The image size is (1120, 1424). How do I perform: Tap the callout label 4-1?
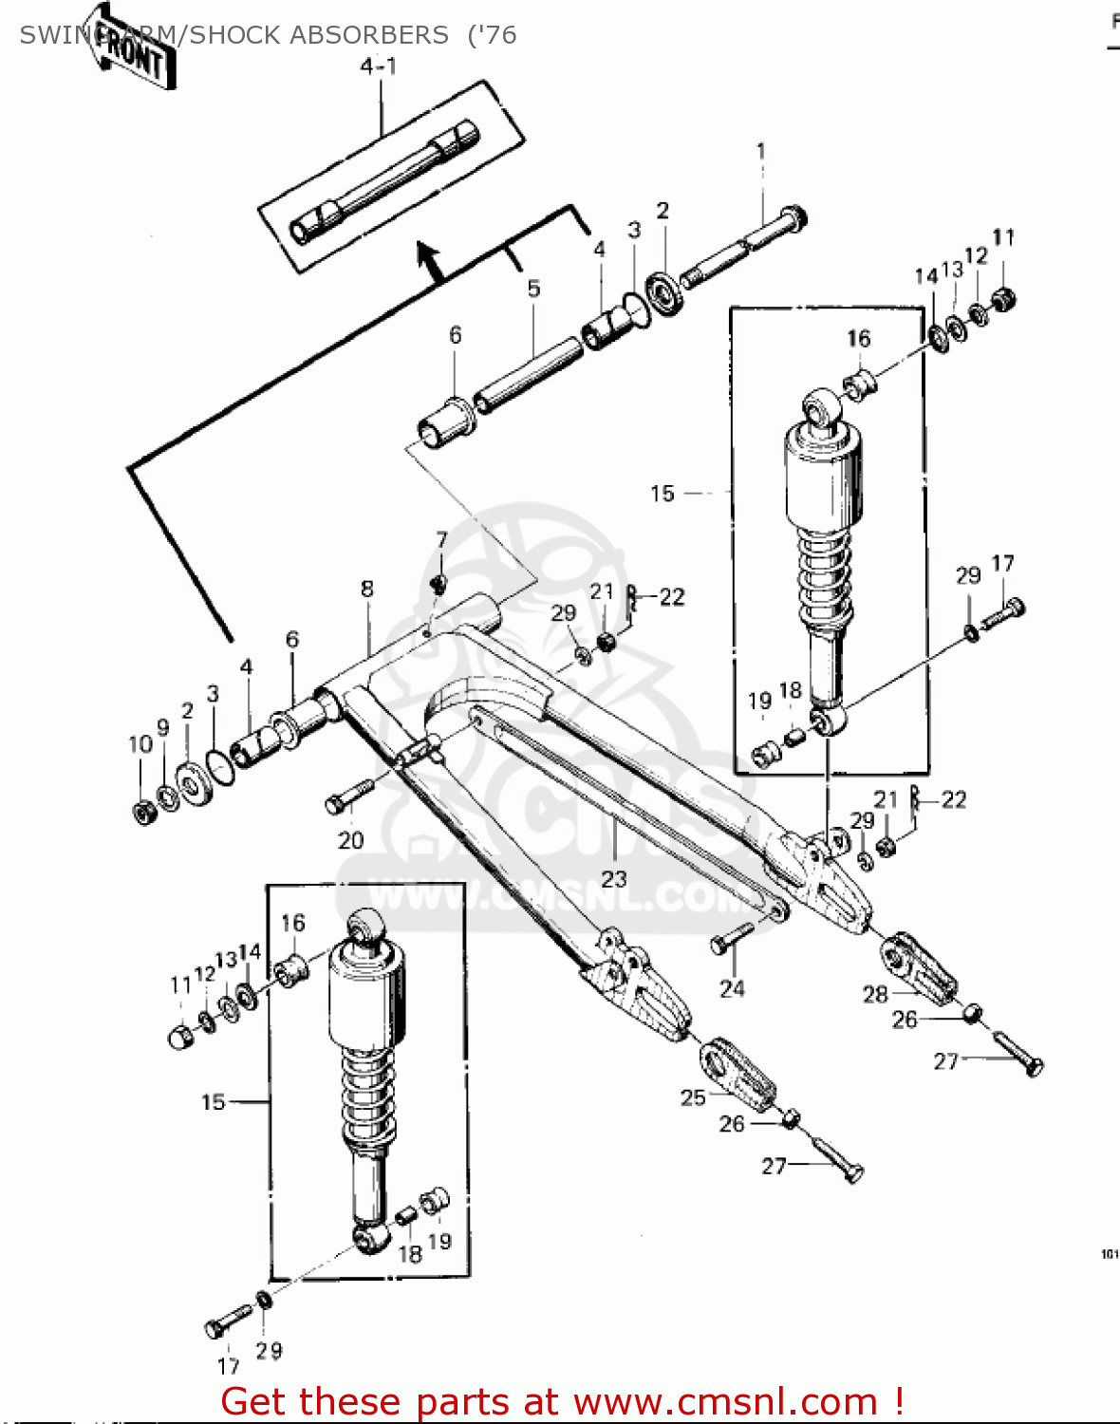click(378, 66)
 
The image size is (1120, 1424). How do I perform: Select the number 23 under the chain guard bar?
click(614, 878)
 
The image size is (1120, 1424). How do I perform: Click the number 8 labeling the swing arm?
click(367, 589)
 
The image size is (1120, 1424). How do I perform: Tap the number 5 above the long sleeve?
click(533, 288)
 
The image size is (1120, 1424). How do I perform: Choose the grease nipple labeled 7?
click(439, 582)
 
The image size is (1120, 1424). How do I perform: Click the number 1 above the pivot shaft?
click(760, 151)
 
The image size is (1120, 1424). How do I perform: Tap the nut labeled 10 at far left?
click(144, 812)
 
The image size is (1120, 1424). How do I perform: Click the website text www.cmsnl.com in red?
click(726, 1401)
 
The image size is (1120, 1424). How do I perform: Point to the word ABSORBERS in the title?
click(369, 35)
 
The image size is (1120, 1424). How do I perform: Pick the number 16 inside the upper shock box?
click(858, 339)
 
